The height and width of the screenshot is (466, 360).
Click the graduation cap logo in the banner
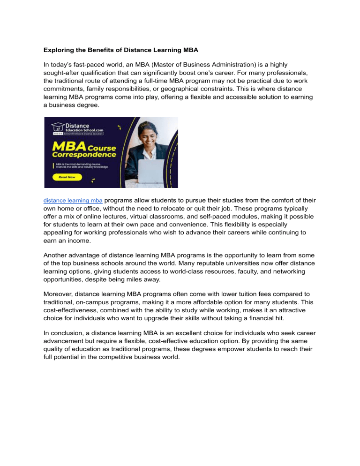coord(58,127)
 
